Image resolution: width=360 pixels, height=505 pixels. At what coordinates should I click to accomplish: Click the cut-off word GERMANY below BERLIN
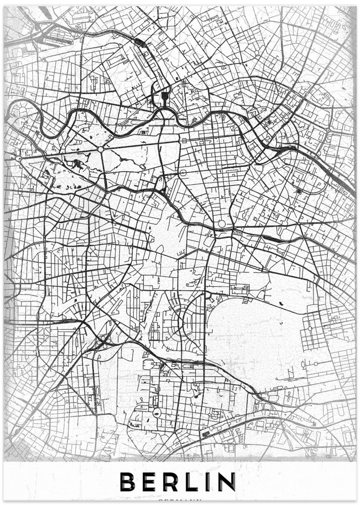[x=180, y=502]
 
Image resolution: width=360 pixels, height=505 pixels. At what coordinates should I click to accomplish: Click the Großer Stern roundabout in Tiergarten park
[x=100, y=149]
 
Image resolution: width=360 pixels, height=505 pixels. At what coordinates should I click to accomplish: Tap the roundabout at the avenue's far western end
[x=19, y=159]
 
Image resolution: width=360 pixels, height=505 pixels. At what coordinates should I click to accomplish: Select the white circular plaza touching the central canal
[x=221, y=224]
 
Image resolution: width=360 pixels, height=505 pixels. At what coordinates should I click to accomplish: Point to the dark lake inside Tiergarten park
[x=77, y=163]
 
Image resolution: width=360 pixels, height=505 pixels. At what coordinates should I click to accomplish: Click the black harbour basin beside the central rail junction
[x=165, y=96]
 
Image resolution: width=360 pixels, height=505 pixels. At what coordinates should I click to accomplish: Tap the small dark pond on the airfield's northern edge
[x=280, y=303]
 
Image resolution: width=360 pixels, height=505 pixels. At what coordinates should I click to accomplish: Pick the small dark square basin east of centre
[x=299, y=191]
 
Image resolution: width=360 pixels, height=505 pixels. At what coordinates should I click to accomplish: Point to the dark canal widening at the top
[x=140, y=42]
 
